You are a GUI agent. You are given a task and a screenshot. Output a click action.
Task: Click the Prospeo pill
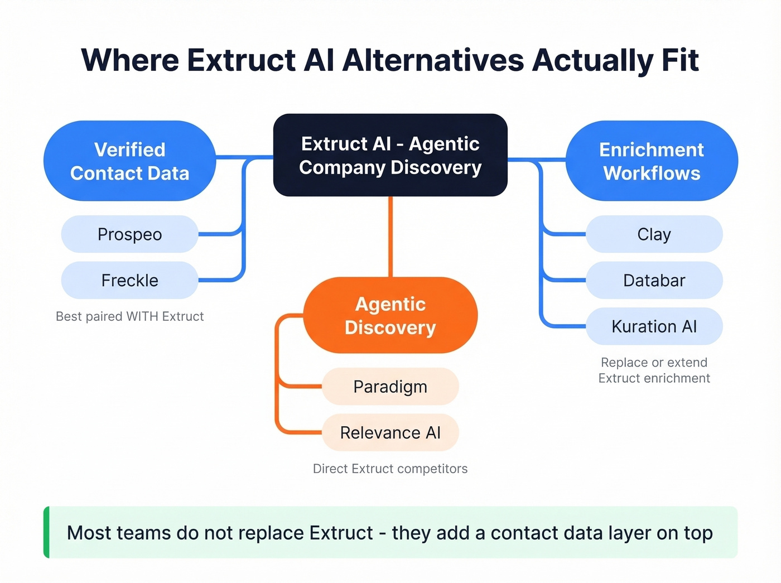[x=129, y=234]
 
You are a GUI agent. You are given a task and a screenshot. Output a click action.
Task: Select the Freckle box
[x=129, y=280]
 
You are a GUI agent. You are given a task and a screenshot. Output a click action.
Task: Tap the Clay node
[x=654, y=234]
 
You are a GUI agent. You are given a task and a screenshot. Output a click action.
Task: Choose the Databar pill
[x=654, y=280]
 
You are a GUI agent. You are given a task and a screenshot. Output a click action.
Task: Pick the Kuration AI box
[x=654, y=326]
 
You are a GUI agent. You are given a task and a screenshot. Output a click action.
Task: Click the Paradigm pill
[x=390, y=387]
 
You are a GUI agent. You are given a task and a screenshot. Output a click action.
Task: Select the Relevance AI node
[x=390, y=432]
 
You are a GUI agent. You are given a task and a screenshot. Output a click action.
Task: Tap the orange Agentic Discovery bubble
[x=390, y=315]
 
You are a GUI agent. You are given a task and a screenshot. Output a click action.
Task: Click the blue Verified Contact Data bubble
[x=129, y=161]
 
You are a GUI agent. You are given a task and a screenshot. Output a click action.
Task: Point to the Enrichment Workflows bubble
[x=652, y=161]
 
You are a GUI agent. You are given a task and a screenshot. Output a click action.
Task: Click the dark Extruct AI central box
[x=390, y=155]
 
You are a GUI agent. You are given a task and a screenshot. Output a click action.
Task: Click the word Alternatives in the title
[x=433, y=60]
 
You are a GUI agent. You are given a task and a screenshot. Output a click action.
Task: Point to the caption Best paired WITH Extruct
[x=129, y=316]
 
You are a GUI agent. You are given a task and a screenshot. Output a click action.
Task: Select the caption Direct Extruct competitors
[x=390, y=469]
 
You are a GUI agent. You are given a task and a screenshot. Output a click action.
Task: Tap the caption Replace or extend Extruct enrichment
[x=654, y=370]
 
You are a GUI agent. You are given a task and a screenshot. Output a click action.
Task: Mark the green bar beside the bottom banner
[x=47, y=532]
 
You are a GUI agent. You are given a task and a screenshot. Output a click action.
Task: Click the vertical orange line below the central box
[x=390, y=237]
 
